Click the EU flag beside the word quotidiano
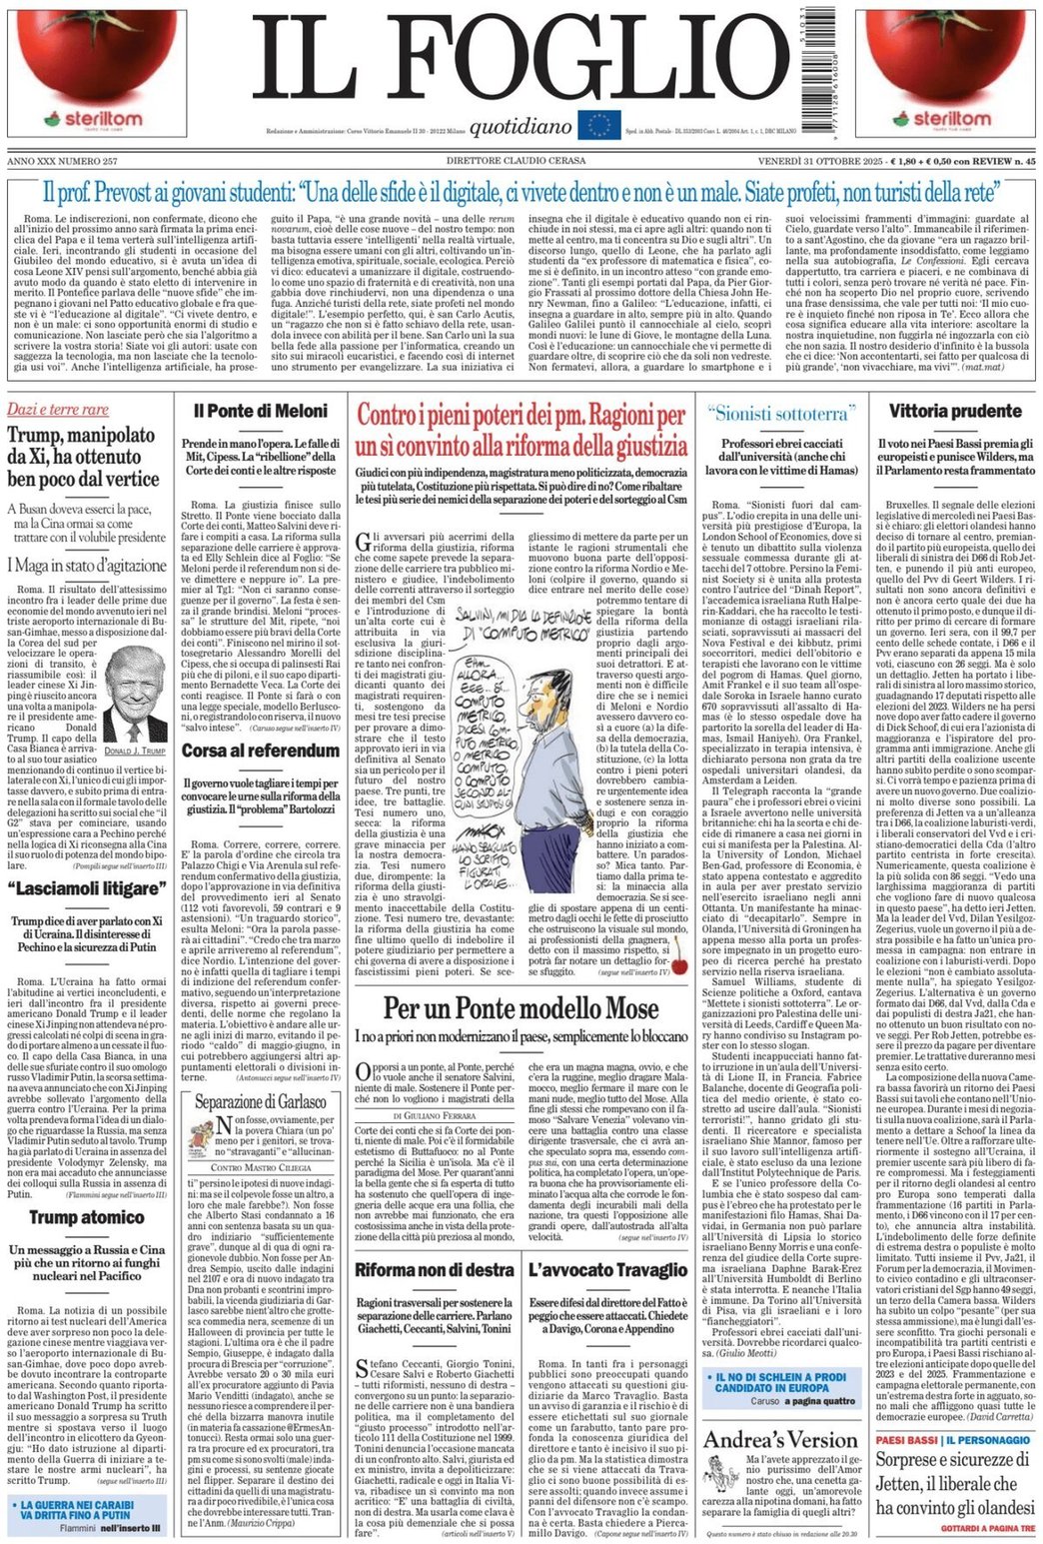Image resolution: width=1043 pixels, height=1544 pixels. point(599,125)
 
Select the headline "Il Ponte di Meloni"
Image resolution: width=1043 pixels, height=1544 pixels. point(260,411)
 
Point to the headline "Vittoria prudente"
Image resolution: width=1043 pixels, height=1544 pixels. point(955,411)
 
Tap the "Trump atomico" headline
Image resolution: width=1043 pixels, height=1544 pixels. point(86,1217)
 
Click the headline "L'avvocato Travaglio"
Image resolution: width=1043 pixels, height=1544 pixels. point(608,1270)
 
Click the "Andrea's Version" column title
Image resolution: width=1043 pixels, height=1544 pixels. point(779,1440)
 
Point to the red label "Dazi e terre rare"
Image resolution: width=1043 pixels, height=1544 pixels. point(58,410)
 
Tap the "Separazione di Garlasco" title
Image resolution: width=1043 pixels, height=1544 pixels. point(260,1102)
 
